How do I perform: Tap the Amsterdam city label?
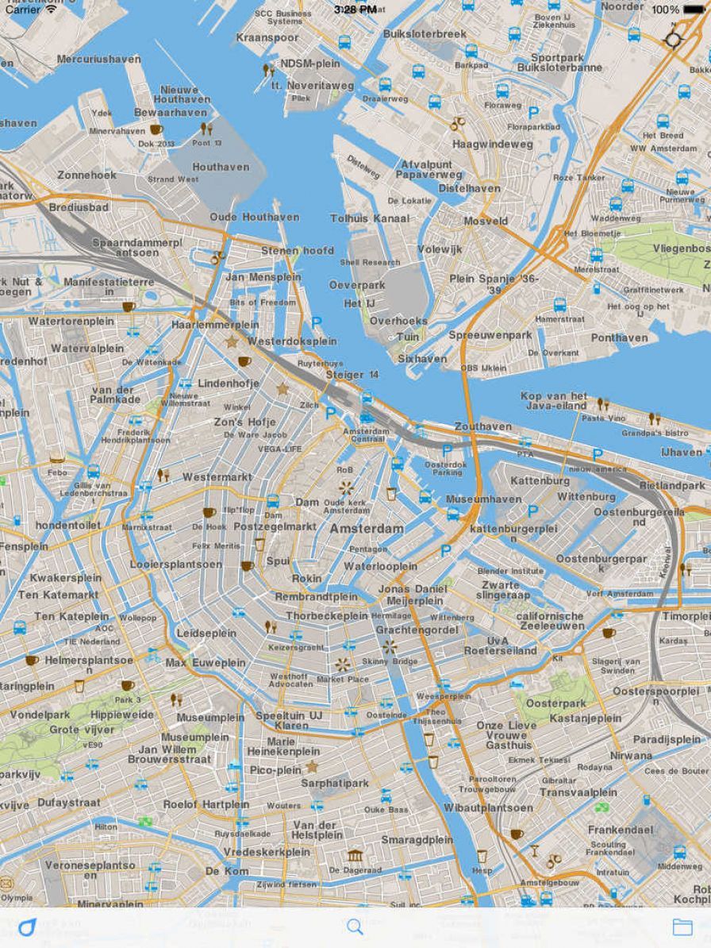point(367,528)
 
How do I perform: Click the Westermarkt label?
point(217,477)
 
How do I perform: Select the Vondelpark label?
point(40,714)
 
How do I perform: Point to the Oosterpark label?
point(555,703)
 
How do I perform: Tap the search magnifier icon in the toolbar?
point(355,927)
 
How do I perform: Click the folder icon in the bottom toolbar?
point(682,927)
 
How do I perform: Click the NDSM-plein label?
point(310,64)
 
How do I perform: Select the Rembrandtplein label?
point(316,596)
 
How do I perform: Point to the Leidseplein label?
point(206,634)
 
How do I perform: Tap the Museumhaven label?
point(483,499)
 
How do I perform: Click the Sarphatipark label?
point(335,783)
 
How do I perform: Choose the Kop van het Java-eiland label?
point(554,401)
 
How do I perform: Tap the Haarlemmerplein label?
point(215,325)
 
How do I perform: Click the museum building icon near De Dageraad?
point(355,855)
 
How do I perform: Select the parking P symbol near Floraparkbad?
point(533,114)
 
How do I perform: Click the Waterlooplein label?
point(380,566)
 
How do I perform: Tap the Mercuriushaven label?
point(98,59)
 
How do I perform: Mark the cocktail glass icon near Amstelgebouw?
point(535,850)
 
